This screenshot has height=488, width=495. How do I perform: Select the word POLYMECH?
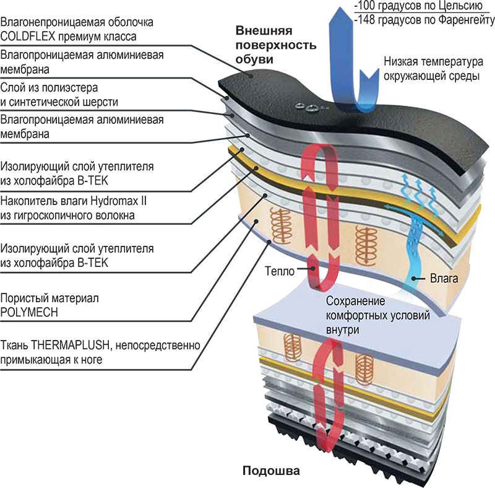[30, 312]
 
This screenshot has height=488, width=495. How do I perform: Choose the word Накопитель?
[28, 202]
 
